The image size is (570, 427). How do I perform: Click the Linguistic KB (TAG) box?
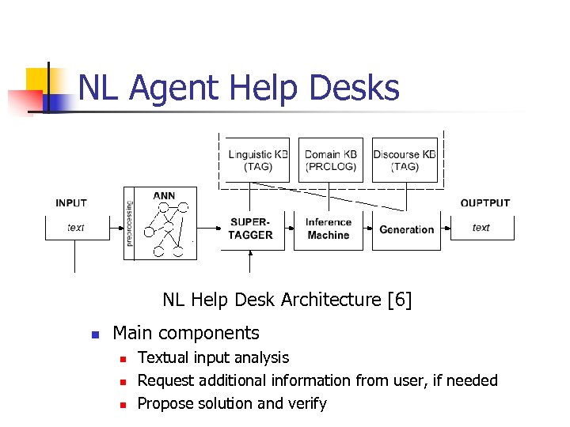258,161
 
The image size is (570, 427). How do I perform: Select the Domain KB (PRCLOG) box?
331,161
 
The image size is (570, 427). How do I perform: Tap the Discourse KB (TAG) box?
405,161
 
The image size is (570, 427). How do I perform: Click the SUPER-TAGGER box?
250,229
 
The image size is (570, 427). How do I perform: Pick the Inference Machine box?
328,229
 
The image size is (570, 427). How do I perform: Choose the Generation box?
406,229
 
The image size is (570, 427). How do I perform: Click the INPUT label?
71,203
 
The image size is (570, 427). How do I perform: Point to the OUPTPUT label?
485,203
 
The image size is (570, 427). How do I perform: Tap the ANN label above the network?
164,195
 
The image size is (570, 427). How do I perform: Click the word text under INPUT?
76,228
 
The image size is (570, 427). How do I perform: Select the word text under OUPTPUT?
481,228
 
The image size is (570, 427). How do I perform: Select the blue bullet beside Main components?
94,334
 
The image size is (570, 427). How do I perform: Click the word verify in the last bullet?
307,403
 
